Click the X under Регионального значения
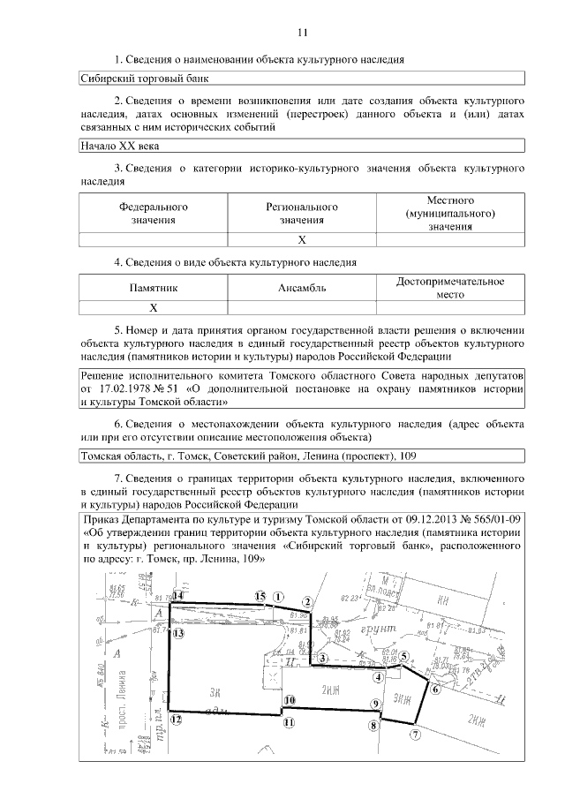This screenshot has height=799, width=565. tap(302, 239)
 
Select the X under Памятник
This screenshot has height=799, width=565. tap(154, 307)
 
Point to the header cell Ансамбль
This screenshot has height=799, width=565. tap(302, 287)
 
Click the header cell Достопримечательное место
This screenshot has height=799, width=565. tap(450, 287)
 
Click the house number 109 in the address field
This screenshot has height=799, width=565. tap(409, 456)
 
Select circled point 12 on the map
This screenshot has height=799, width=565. tap(176, 719)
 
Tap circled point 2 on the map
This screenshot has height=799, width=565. tap(307, 601)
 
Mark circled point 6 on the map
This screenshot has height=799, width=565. tap(434, 690)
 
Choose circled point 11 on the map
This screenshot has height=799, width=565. tap(288, 722)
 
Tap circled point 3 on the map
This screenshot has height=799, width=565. tap(323, 658)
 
